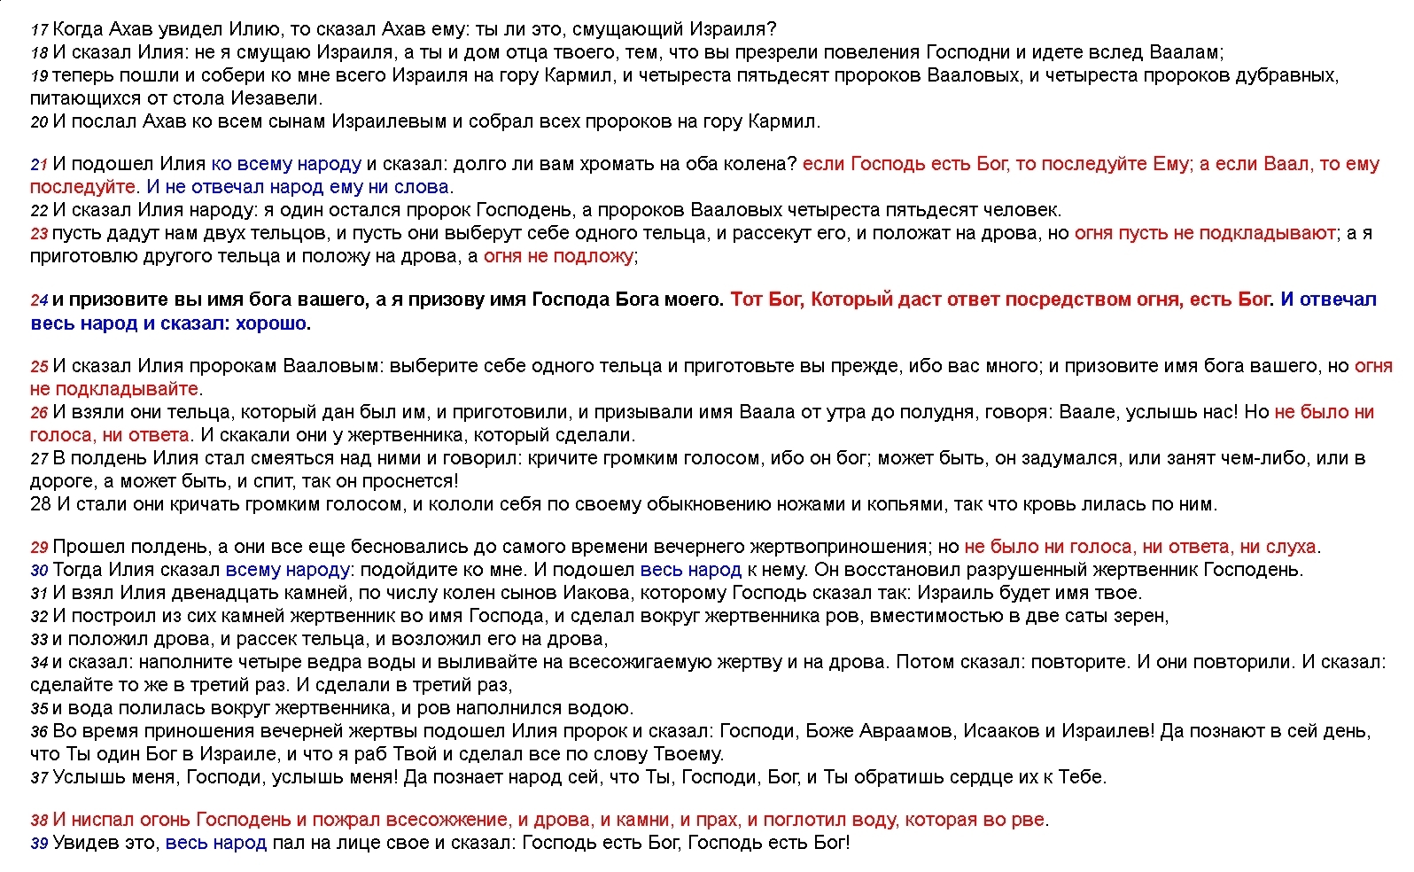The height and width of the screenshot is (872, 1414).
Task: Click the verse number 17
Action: (39, 30)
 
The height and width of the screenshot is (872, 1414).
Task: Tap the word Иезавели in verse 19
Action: (276, 98)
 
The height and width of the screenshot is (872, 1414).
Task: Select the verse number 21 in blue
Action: (39, 165)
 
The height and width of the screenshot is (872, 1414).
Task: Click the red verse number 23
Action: (39, 235)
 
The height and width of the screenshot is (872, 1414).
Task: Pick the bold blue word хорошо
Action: (271, 323)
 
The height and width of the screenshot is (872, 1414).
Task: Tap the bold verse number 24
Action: (39, 301)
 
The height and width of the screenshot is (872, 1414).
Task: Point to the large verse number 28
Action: (41, 504)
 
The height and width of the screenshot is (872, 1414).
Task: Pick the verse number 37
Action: (39, 778)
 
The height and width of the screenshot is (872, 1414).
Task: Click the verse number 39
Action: (39, 844)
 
